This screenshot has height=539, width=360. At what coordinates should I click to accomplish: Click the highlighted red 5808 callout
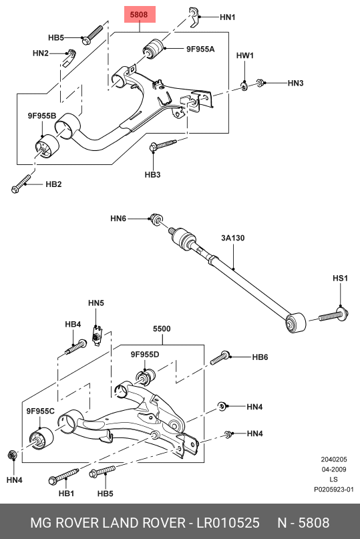click(140, 15)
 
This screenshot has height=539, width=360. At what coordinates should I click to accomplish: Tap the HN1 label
click(227, 17)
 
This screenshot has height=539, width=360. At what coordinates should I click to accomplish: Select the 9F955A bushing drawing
click(154, 49)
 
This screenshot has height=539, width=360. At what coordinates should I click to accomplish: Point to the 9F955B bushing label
click(42, 116)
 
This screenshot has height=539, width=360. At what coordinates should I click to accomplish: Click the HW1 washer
click(244, 86)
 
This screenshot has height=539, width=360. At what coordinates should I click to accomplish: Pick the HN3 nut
click(260, 83)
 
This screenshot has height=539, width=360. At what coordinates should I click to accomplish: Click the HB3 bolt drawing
click(163, 145)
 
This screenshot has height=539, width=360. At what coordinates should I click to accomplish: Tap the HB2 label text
click(53, 184)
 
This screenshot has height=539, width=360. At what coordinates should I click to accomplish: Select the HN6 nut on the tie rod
click(156, 218)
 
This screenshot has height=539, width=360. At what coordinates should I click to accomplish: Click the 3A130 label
click(233, 238)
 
